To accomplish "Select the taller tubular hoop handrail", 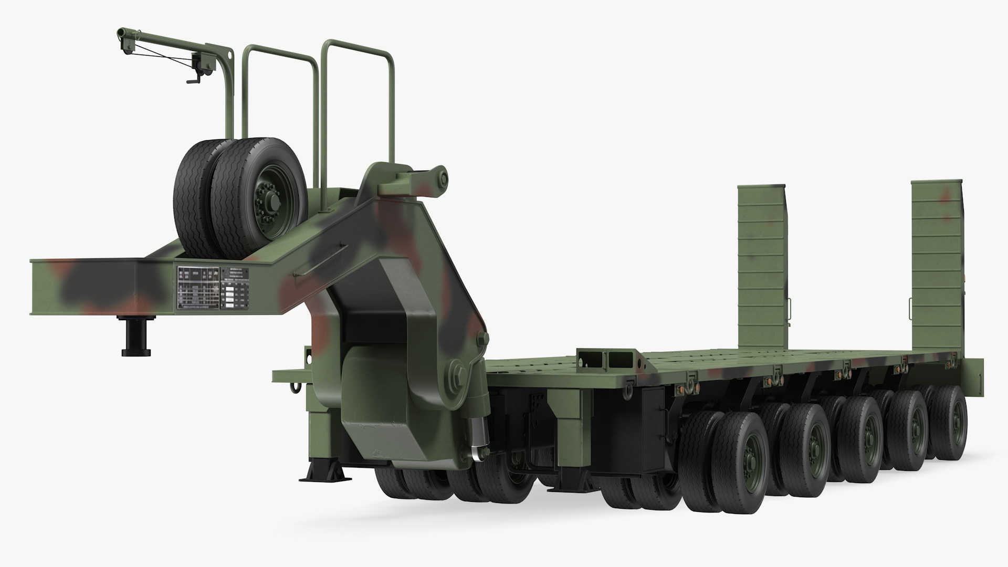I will [357, 105].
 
